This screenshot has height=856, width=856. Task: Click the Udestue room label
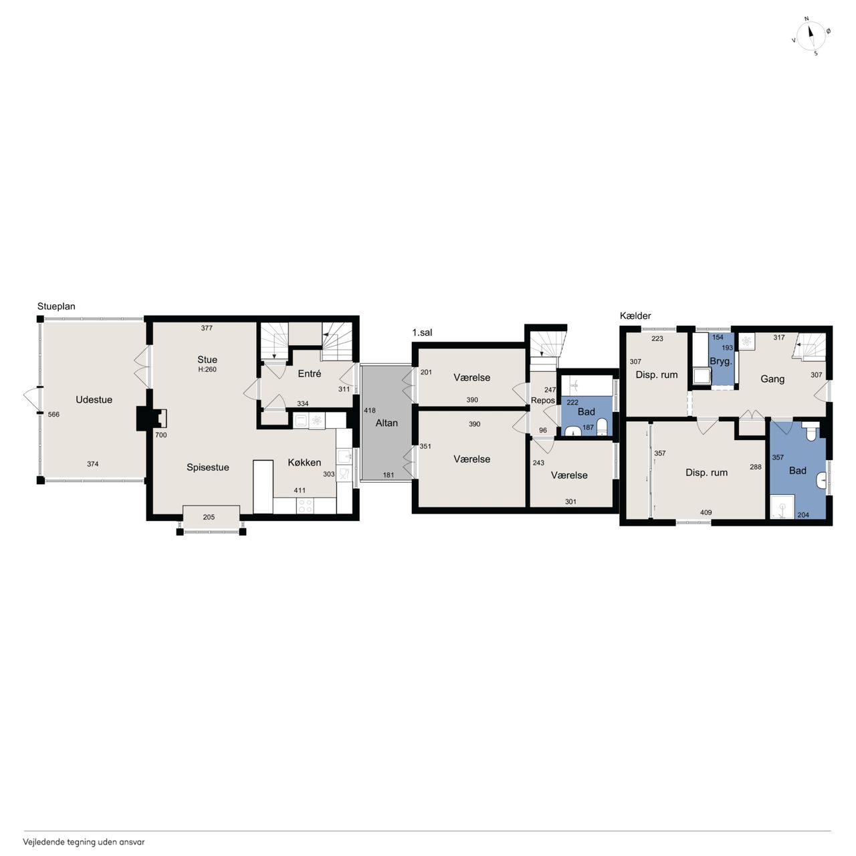[94, 399]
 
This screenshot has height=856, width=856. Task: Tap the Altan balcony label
[386, 423]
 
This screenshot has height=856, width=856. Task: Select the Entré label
[309, 374]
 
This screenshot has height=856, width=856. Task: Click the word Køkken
[304, 462]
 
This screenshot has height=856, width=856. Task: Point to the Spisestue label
[207, 467]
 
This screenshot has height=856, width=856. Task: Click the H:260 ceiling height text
[207, 370]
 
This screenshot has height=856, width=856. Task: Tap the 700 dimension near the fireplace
[160, 435]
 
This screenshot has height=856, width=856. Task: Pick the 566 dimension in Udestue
[53, 415]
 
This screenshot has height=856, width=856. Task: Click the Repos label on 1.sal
[543, 400]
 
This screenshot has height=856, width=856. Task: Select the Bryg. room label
[720, 361]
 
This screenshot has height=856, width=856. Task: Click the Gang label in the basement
[772, 379]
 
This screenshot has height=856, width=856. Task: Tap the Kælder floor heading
[635, 316]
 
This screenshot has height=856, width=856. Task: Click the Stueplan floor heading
[56, 306]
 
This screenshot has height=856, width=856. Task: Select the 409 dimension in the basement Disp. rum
[706, 512]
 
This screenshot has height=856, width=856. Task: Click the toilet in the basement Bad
[811, 431]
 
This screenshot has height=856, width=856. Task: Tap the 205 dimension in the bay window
[209, 517]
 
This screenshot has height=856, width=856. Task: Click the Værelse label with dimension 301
[569, 475]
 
